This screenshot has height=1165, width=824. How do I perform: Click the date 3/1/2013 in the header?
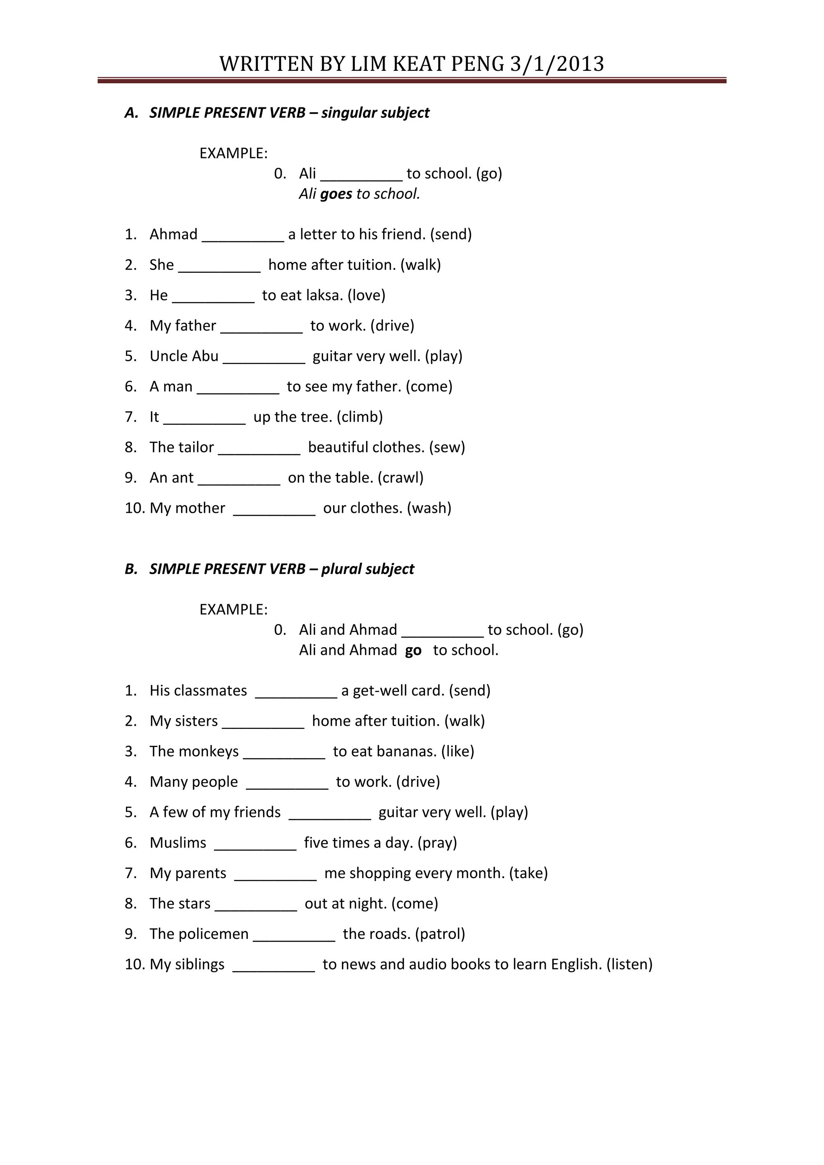tap(556, 64)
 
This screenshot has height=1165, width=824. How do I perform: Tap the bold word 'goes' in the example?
tap(336, 194)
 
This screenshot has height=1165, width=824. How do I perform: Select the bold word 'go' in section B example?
tap(413, 650)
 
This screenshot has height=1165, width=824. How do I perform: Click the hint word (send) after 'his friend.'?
tap(451, 235)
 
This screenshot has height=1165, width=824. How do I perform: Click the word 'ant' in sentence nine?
tap(183, 478)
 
